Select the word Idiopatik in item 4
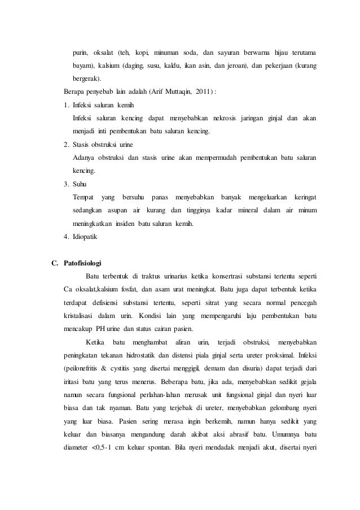tap(81, 237)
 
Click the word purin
tap(80, 53)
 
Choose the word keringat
tap(304, 197)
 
